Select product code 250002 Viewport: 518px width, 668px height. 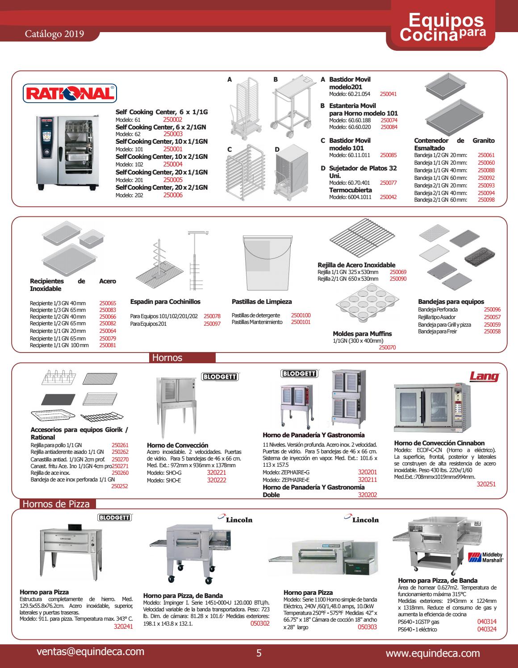(x=173, y=120)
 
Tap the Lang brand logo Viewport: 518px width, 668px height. (x=484, y=376)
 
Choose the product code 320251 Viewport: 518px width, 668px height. (x=486, y=484)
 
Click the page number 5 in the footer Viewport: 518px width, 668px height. (x=259, y=654)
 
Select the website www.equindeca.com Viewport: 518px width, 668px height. (x=433, y=654)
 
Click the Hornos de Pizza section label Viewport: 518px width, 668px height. (x=56, y=504)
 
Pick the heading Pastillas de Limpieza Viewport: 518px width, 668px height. (x=262, y=302)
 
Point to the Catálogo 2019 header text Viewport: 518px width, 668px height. (x=54, y=34)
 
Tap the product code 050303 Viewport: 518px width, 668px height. (x=368, y=627)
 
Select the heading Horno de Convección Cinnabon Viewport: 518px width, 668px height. (x=439, y=443)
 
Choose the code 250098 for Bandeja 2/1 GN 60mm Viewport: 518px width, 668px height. (x=486, y=200)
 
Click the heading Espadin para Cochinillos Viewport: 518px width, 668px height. (x=165, y=302)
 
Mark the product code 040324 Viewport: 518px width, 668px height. (x=487, y=629)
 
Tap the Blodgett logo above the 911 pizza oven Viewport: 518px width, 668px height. (x=114, y=518)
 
